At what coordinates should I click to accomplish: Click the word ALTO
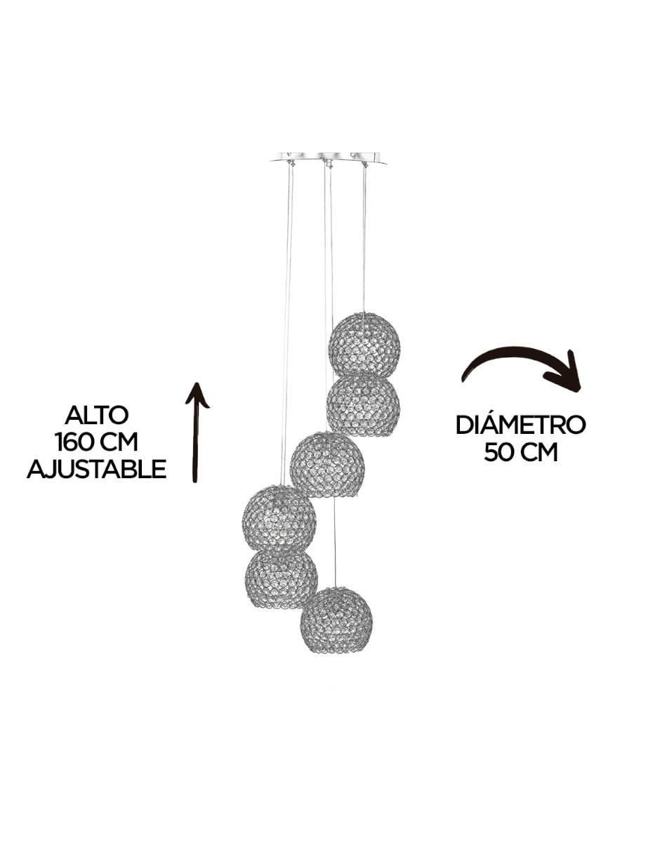(x=96, y=415)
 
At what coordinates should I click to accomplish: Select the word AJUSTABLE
(x=96, y=469)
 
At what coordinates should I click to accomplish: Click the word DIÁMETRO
(x=521, y=425)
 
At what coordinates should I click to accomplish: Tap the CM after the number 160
(x=119, y=442)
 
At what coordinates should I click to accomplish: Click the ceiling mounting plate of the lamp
(x=328, y=157)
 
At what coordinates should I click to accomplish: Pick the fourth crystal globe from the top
(x=279, y=519)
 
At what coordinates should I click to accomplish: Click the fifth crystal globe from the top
(x=281, y=576)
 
